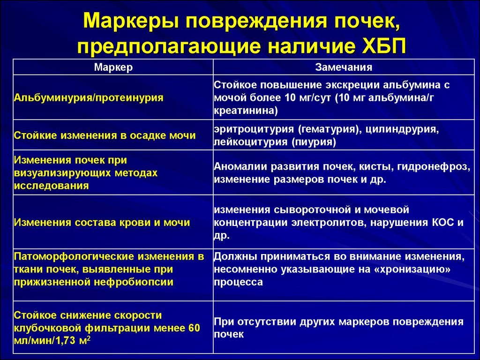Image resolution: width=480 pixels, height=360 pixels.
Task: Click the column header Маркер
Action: tap(113, 67)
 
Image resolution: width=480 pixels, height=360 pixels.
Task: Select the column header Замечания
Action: tap(344, 67)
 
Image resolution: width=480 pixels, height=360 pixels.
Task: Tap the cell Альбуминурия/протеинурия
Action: tap(89, 98)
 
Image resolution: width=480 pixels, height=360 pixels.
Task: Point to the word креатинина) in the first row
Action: tap(246, 111)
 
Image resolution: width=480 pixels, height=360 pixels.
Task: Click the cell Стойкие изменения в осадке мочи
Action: tap(105, 135)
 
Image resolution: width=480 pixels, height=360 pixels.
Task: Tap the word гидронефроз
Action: tap(439, 166)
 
